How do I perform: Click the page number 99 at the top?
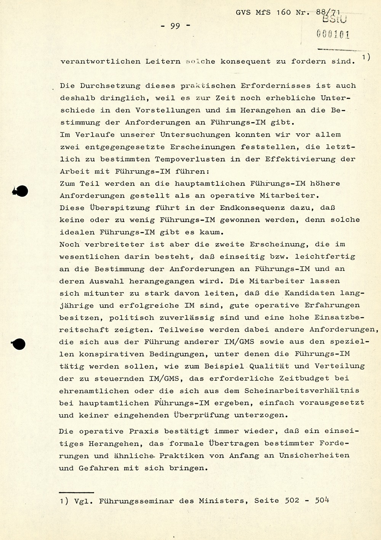tap(175, 26)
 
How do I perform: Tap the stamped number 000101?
tap(333, 34)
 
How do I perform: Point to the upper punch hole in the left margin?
tap(21, 191)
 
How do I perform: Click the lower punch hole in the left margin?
tap(19, 344)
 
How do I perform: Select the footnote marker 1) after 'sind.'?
tap(366, 57)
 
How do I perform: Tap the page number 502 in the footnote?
tap(292, 500)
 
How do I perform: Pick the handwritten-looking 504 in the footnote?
tap(322, 500)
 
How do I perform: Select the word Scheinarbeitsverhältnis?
tap(302, 391)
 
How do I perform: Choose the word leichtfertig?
tap(325, 257)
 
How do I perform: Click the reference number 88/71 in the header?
tap(328, 12)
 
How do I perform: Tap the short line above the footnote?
tap(76, 492)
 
